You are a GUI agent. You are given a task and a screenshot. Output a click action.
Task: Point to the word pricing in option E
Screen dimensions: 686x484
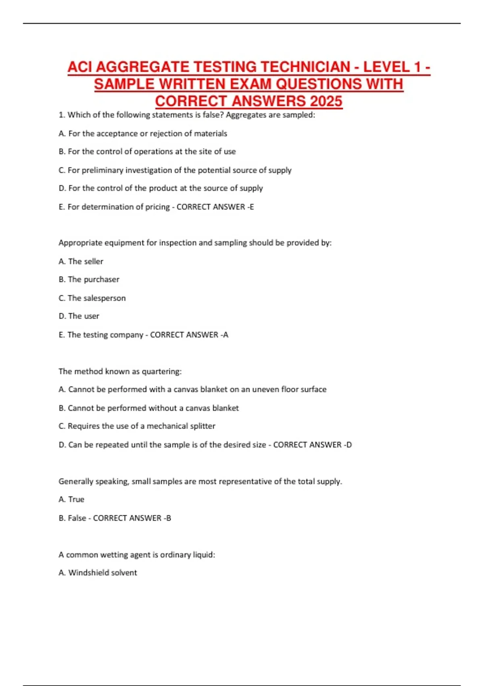point(157,207)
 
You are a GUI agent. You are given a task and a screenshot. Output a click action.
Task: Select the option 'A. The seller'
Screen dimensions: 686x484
point(81,261)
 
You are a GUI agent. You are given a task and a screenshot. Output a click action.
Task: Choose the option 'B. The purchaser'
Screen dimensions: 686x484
point(89,280)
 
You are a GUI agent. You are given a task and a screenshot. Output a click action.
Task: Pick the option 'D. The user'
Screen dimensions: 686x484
point(79,316)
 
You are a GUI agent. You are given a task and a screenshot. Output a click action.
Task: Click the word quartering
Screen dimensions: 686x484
point(161,372)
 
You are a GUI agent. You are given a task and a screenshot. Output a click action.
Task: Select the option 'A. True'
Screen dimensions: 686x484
point(71,500)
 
